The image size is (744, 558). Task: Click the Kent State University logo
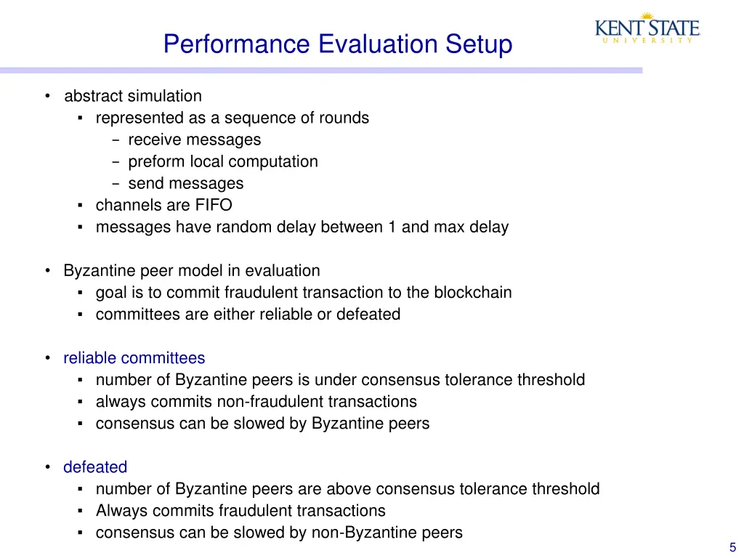(x=647, y=30)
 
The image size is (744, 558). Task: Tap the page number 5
(x=732, y=548)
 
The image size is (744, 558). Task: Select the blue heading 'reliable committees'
(x=134, y=358)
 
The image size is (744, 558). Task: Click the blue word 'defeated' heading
(x=95, y=467)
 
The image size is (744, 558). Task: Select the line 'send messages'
(x=185, y=184)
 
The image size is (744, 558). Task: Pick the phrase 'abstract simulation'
(x=133, y=96)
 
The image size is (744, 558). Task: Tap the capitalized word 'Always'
(x=118, y=511)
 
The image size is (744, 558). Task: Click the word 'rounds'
(x=344, y=118)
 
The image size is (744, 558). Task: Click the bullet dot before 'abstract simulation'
(x=47, y=96)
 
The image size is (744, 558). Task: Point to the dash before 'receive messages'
(x=116, y=139)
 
